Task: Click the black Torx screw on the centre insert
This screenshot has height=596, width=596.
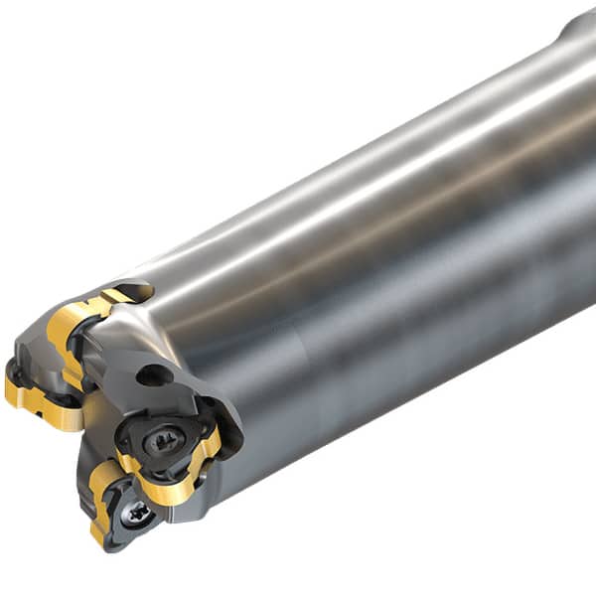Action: [x=164, y=440]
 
